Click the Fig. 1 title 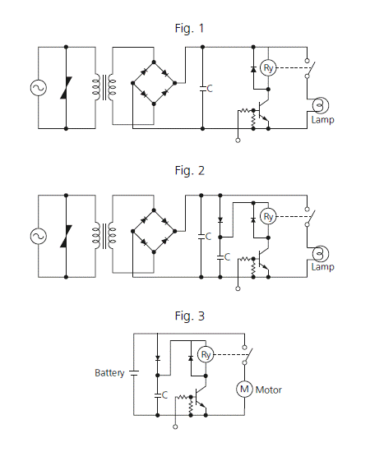click(x=189, y=28)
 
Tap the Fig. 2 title click(x=189, y=171)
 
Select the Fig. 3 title click(x=189, y=316)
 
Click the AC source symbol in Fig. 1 click(x=39, y=88)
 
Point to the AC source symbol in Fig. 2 click(x=39, y=236)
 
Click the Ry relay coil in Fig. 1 click(x=268, y=68)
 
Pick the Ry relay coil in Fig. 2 click(x=268, y=216)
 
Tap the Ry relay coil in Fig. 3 click(x=206, y=354)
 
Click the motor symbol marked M click(x=244, y=390)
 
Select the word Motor click(x=269, y=390)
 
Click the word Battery click(x=109, y=373)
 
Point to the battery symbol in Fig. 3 click(x=134, y=373)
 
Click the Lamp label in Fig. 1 click(x=322, y=120)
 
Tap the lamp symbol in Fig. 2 click(x=321, y=254)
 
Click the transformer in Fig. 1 click(x=104, y=87)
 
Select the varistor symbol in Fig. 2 click(x=66, y=236)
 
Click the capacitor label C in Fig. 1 click(x=210, y=89)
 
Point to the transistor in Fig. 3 click(x=200, y=397)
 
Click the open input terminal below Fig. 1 click(x=238, y=141)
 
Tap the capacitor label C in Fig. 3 click(x=164, y=395)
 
